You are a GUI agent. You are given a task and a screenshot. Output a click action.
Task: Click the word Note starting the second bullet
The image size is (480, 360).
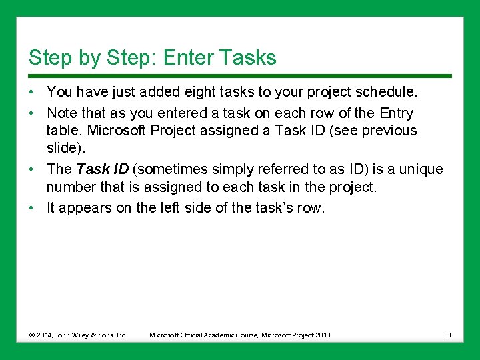point(61,113)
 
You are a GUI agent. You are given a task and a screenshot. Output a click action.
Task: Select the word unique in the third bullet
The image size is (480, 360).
point(421,169)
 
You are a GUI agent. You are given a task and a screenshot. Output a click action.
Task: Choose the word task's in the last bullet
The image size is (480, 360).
point(271,208)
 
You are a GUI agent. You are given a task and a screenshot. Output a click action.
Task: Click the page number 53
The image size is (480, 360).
point(447,335)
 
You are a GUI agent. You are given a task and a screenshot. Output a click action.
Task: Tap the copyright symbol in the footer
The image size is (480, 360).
point(33,335)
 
